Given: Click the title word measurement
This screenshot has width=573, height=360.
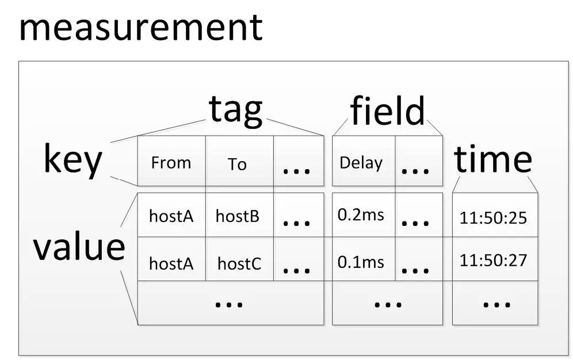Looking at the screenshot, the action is [141, 28].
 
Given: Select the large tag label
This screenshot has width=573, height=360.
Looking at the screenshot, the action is [236, 110].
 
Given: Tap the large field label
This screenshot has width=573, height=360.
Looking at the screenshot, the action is [387, 110].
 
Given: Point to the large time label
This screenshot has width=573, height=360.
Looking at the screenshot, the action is [492, 159].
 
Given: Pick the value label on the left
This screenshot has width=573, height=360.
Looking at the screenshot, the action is [79, 247].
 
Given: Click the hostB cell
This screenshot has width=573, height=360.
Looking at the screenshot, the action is [238, 216].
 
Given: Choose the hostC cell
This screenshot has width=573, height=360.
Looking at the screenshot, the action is [239, 263].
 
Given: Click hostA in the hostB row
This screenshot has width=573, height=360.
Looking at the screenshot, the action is [171, 216].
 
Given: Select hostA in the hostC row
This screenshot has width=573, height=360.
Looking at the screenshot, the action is [171, 263].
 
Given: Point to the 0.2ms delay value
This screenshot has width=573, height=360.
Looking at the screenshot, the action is [361, 215].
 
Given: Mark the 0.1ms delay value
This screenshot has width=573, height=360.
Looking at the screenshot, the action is [361, 262].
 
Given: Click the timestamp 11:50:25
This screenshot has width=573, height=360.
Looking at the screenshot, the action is [493, 218].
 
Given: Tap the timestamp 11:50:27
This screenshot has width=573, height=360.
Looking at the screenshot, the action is [493, 261].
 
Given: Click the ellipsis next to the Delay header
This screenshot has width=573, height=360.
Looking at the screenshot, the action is [415, 170].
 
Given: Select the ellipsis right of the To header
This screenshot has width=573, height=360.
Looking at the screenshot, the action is [296, 170].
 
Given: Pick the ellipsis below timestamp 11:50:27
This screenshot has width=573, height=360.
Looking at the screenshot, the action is [496, 304].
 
